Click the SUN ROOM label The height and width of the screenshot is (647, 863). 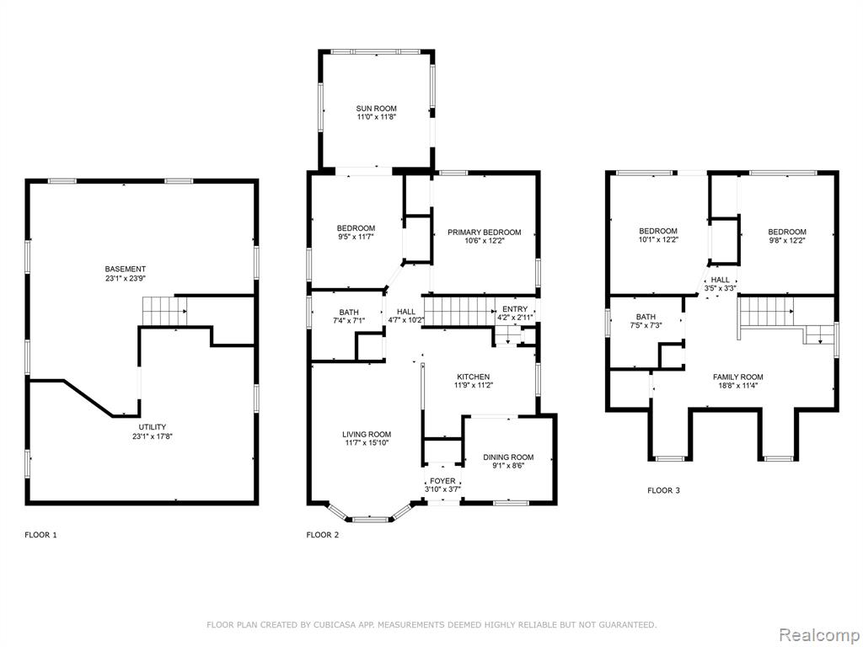click(377, 109)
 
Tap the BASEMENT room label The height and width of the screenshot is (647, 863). click(126, 269)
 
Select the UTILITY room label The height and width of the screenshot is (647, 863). click(153, 427)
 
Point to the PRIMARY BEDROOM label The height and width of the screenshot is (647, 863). click(485, 233)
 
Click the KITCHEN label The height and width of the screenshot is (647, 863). click(474, 377)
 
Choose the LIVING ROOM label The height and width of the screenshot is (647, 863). click(367, 434)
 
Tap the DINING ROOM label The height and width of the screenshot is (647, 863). click(508, 457)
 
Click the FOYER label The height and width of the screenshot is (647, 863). click(442, 481)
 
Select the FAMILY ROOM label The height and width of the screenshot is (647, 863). click(738, 377)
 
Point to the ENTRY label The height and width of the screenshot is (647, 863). click(515, 309)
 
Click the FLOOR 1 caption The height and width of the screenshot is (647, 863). click(40, 535)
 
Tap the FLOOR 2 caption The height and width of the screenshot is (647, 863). click(323, 535)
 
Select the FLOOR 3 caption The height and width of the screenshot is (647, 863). click(664, 490)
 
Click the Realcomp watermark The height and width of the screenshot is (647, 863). click(819, 635)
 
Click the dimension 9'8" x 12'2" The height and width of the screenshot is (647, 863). click(788, 240)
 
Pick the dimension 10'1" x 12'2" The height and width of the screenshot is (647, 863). click(658, 239)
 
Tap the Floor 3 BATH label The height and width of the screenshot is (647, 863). click(646, 317)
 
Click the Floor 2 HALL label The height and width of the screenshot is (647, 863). click(406, 312)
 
